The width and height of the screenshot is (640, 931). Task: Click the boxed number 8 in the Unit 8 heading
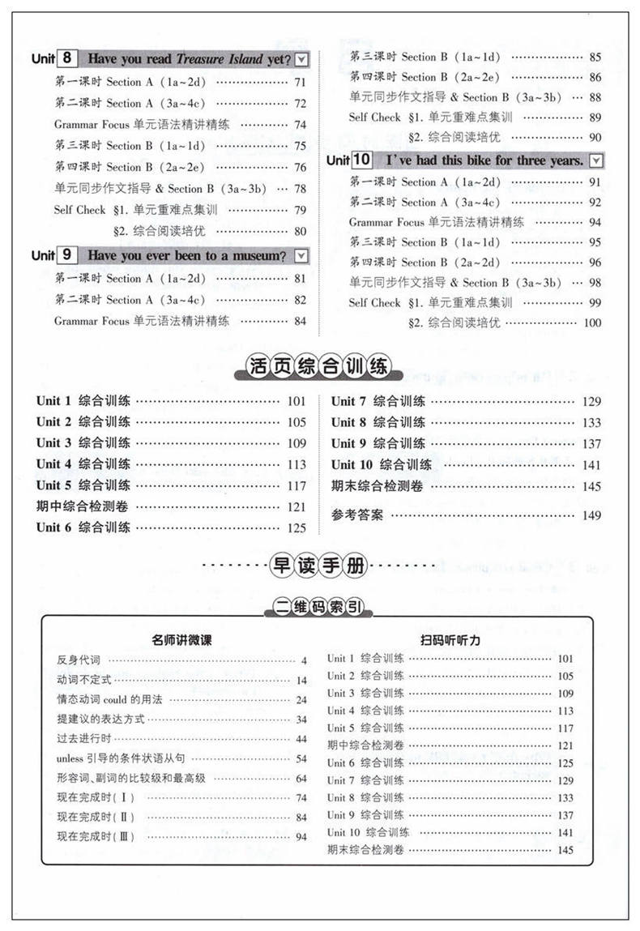(x=67, y=58)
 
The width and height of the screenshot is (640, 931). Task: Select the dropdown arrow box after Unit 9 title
(x=301, y=256)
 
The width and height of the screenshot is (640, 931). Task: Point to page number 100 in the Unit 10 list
(x=592, y=322)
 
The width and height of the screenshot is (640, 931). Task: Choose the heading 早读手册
(x=319, y=566)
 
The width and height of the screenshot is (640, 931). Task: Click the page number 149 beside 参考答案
(x=591, y=515)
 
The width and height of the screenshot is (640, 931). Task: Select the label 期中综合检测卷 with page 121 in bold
(x=83, y=506)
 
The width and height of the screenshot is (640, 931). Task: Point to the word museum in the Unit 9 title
(x=253, y=256)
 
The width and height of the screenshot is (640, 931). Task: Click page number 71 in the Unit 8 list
(x=300, y=82)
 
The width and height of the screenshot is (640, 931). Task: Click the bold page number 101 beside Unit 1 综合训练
(x=297, y=401)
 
